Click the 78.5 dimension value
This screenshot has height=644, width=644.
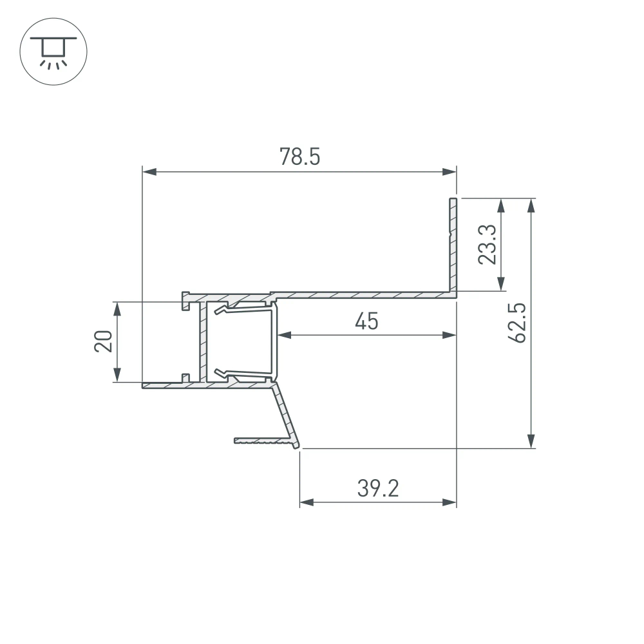pos(299,156)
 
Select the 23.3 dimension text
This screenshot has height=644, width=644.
pos(488,245)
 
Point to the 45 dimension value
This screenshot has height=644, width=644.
pos(366,320)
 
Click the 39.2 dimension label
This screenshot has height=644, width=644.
pos(378,488)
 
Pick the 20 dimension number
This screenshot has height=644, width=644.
pos(104,341)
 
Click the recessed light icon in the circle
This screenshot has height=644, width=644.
pos(53,53)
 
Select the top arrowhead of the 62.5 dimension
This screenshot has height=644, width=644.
pos(531,205)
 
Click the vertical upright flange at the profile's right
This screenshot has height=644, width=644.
pos(453,245)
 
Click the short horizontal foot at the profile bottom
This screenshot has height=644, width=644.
pos(261,442)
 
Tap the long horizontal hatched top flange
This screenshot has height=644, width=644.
pos(361,295)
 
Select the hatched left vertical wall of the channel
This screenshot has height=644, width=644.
pos(204,341)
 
